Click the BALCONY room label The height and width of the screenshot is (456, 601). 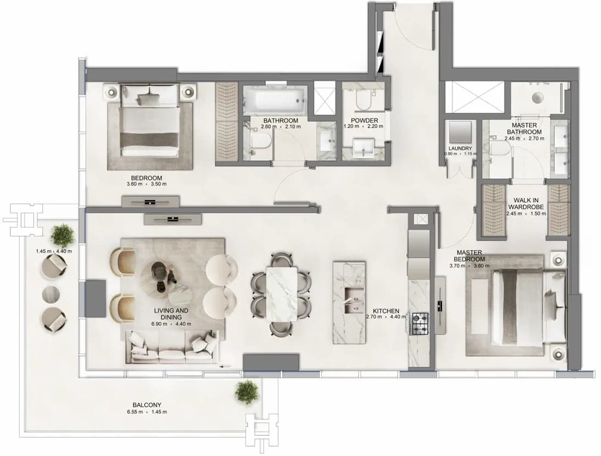147,405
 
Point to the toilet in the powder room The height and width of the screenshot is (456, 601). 363,100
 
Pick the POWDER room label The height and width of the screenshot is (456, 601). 364,120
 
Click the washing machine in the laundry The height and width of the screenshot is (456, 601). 460,132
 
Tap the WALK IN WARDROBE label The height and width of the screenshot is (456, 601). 526,204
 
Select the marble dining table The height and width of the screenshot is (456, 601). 281,294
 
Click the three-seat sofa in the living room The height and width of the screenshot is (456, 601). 172,348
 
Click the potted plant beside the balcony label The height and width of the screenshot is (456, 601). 247,392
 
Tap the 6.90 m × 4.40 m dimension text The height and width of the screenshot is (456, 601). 171,324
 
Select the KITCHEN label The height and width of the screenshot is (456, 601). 386,311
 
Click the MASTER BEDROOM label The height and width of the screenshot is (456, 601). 469,256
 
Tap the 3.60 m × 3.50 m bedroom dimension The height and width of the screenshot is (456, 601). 147,184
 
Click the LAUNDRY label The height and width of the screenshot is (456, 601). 460,148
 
